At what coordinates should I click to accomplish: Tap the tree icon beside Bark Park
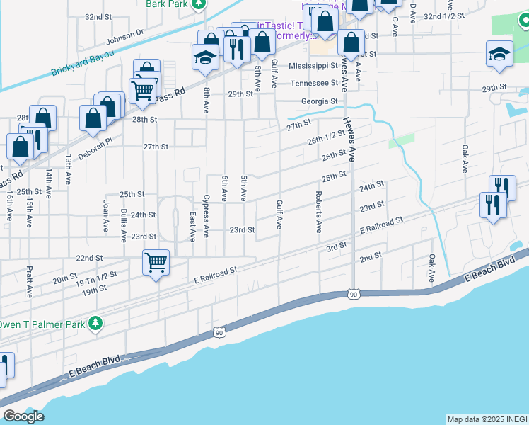pos(200,4)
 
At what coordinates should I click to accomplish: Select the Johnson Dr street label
pos(125,36)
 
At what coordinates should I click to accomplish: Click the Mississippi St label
pos(313,66)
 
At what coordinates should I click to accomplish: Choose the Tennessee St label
pos(315,84)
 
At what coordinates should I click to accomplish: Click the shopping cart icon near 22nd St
pos(156,262)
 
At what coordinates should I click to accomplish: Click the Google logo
pos(24,416)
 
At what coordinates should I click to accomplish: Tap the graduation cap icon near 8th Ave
pos(205,57)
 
